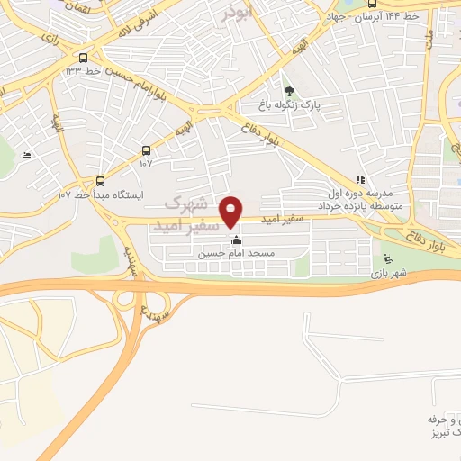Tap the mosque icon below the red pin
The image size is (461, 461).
coord(237,240)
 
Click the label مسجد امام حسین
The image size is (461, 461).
coord(236,255)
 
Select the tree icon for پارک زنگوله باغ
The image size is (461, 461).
coord(289,91)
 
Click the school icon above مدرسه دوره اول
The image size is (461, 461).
coord(360,180)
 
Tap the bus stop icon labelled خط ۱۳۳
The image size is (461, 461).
coord(86,53)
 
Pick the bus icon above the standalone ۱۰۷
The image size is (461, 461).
coord(148,150)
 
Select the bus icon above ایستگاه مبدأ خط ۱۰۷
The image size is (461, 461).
coord(100,179)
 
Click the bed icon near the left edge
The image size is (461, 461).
coord(25,156)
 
